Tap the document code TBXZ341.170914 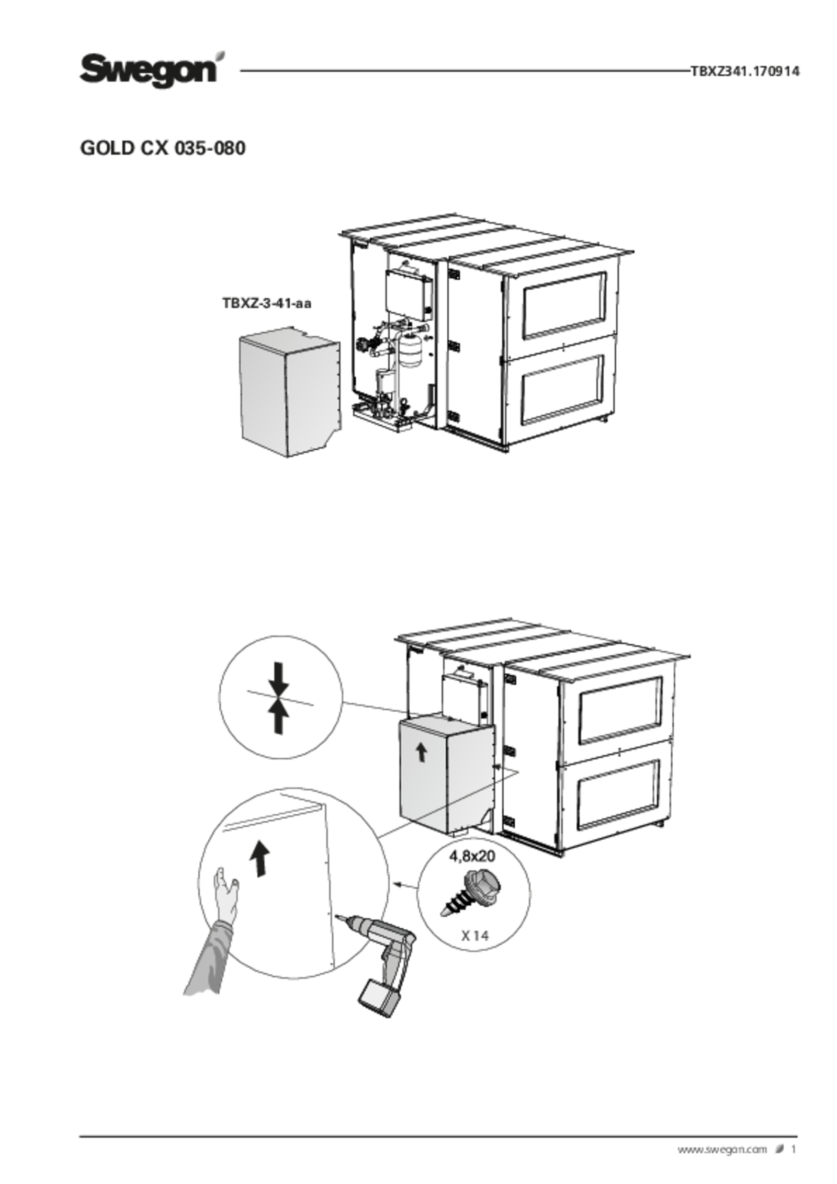point(745,71)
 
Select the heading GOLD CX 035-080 point(163,148)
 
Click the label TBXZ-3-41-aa point(267,303)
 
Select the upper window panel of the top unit point(564,305)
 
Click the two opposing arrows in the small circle point(278,698)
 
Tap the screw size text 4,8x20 point(472,856)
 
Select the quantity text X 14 point(475,936)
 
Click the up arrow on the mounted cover point(421,753)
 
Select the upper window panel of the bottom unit point(620,710)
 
